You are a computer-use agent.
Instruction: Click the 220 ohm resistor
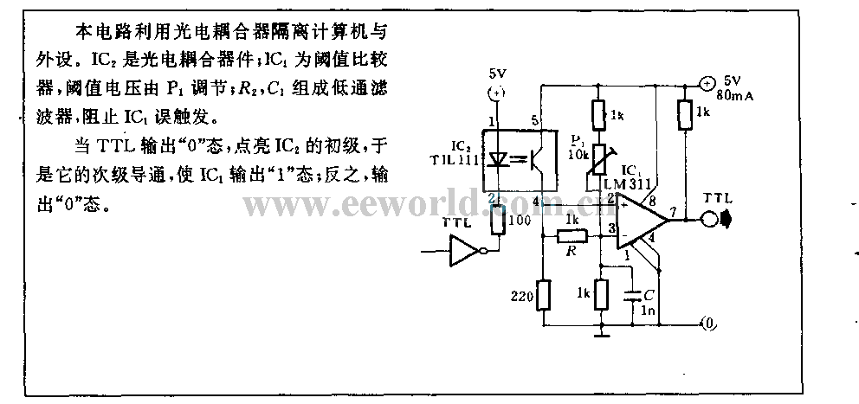[x=543, y=296]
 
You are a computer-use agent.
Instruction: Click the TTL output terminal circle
[x=710, y=219]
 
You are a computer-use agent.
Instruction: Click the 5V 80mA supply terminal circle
[x=707, y=84]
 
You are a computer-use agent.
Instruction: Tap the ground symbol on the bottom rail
[x=601, y=331]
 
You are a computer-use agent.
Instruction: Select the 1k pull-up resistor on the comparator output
[x=685, y=113]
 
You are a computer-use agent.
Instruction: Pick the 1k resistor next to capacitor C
[x=601, y=293]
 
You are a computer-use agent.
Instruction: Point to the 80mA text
[x=739, y=97]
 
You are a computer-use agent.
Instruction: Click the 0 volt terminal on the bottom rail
[x=708, y=324]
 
